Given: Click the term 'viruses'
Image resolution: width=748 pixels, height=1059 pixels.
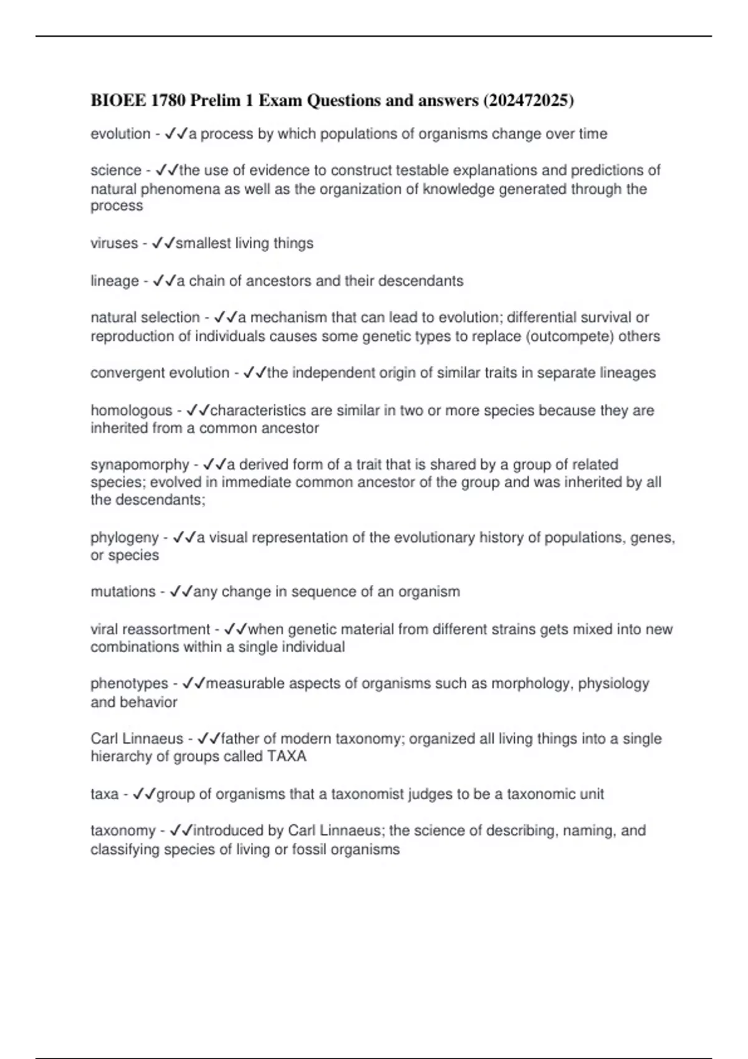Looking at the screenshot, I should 114,244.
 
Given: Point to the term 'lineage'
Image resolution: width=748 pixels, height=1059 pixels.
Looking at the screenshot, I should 115,281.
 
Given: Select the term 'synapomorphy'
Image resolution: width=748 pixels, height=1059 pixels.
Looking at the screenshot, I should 140,465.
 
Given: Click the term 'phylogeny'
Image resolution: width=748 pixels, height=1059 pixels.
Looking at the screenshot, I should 125,538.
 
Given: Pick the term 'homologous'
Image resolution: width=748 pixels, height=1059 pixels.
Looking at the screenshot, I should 131,411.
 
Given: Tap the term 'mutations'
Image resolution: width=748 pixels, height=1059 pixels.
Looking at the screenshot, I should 123,592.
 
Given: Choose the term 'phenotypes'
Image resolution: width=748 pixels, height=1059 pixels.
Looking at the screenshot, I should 129,684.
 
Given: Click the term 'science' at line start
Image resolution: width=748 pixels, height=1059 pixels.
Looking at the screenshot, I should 116,171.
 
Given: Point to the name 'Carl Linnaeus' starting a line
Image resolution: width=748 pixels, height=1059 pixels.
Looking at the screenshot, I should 137,739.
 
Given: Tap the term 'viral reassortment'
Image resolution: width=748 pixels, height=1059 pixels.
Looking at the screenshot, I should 150,629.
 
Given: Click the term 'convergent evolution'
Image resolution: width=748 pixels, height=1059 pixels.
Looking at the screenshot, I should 160,373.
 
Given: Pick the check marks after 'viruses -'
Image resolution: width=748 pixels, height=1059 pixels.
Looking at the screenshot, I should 163,244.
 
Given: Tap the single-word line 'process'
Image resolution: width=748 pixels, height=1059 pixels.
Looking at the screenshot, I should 117,206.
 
